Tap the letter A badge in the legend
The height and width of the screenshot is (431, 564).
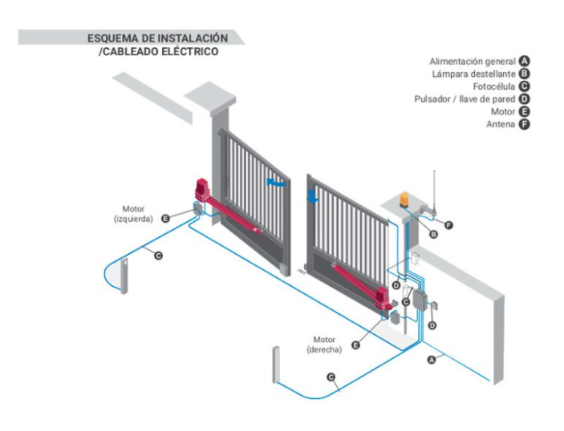(x=525, y=61)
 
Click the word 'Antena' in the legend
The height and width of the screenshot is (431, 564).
(x=501, y=125)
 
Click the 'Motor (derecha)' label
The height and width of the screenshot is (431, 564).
(x=324, y=344)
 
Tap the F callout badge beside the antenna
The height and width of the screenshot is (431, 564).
(x=448, y=225)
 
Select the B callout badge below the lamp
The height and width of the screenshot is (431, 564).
(x=434, y=235)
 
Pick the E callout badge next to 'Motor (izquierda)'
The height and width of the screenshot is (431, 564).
(x=165, y=218)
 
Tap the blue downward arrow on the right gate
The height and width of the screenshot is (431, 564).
(x=313, y=195)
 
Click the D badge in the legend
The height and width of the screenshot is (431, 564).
(x=525, y=99)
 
